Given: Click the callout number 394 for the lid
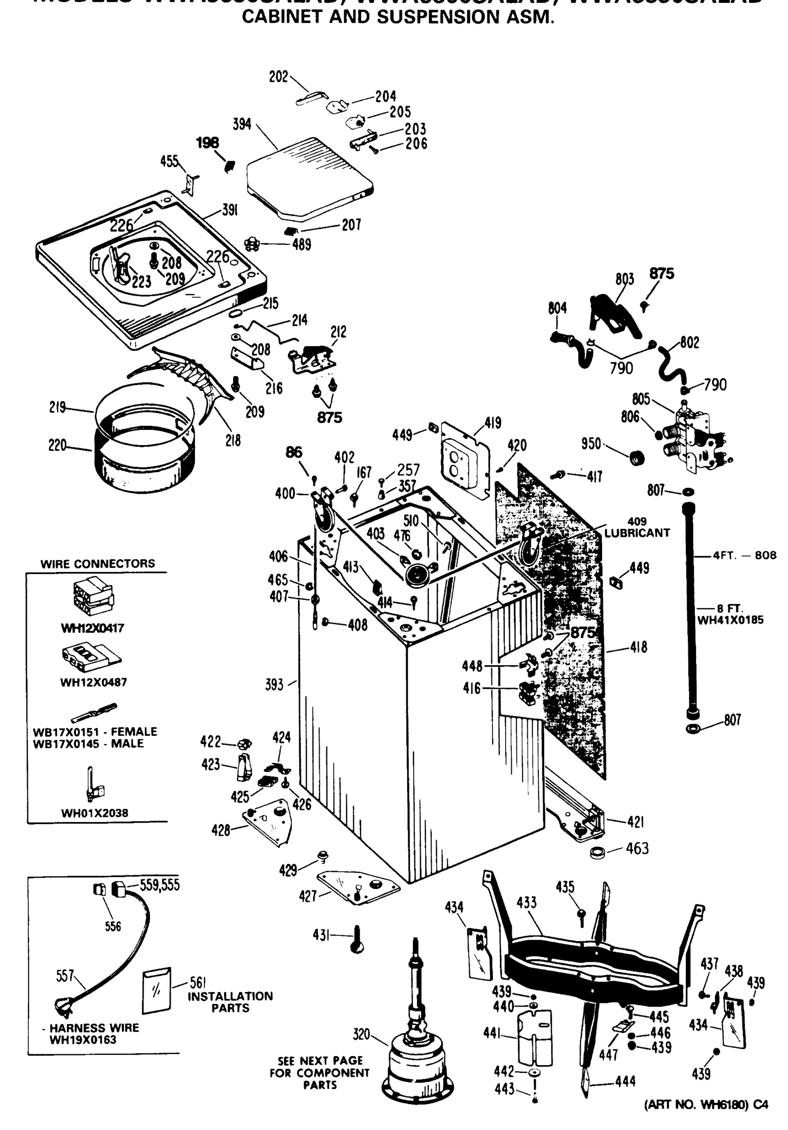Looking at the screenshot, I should coord(241,124).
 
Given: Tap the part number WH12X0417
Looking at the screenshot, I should coord(93,628).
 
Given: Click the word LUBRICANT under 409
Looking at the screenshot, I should coord(637,533).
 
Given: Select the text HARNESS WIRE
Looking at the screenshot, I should coord(94,1028).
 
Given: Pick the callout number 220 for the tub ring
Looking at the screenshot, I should coord(57,445).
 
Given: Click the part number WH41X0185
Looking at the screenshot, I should coord(731,620).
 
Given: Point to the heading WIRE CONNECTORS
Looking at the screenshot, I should coord(97,564).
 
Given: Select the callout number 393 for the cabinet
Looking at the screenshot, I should coord(274,684).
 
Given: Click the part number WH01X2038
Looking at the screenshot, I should coord(95,813).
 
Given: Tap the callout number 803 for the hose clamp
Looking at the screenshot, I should coord(625,279).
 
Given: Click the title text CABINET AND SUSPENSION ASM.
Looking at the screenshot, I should coord(398,17).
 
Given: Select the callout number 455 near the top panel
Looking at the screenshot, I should coord(169,161).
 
